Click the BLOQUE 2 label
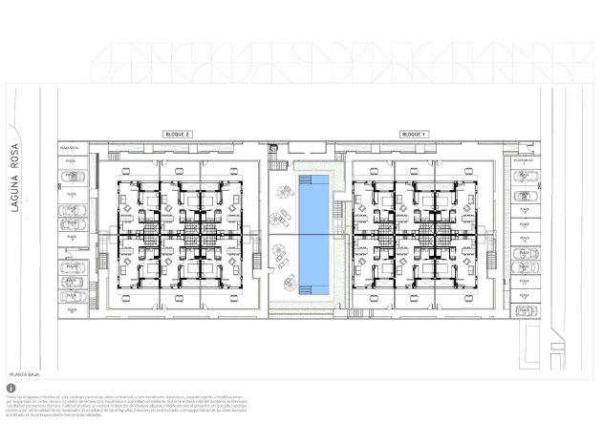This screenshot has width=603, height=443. pos(179,135)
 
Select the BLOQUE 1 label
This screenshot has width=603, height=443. pos(414,135)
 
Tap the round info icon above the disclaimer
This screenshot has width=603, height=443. pos(10,389)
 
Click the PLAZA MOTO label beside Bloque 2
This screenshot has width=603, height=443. pos(70,149)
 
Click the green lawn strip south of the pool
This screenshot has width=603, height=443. pos(303,307)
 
